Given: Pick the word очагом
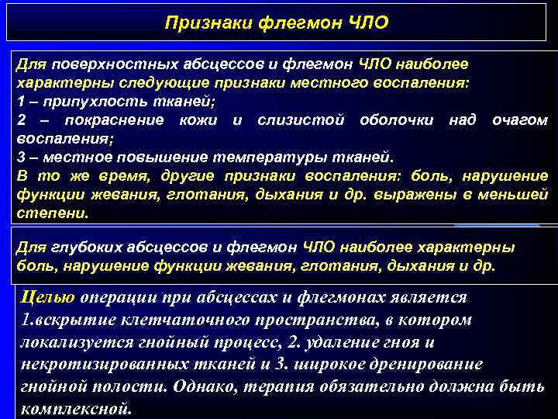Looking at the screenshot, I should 520,120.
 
